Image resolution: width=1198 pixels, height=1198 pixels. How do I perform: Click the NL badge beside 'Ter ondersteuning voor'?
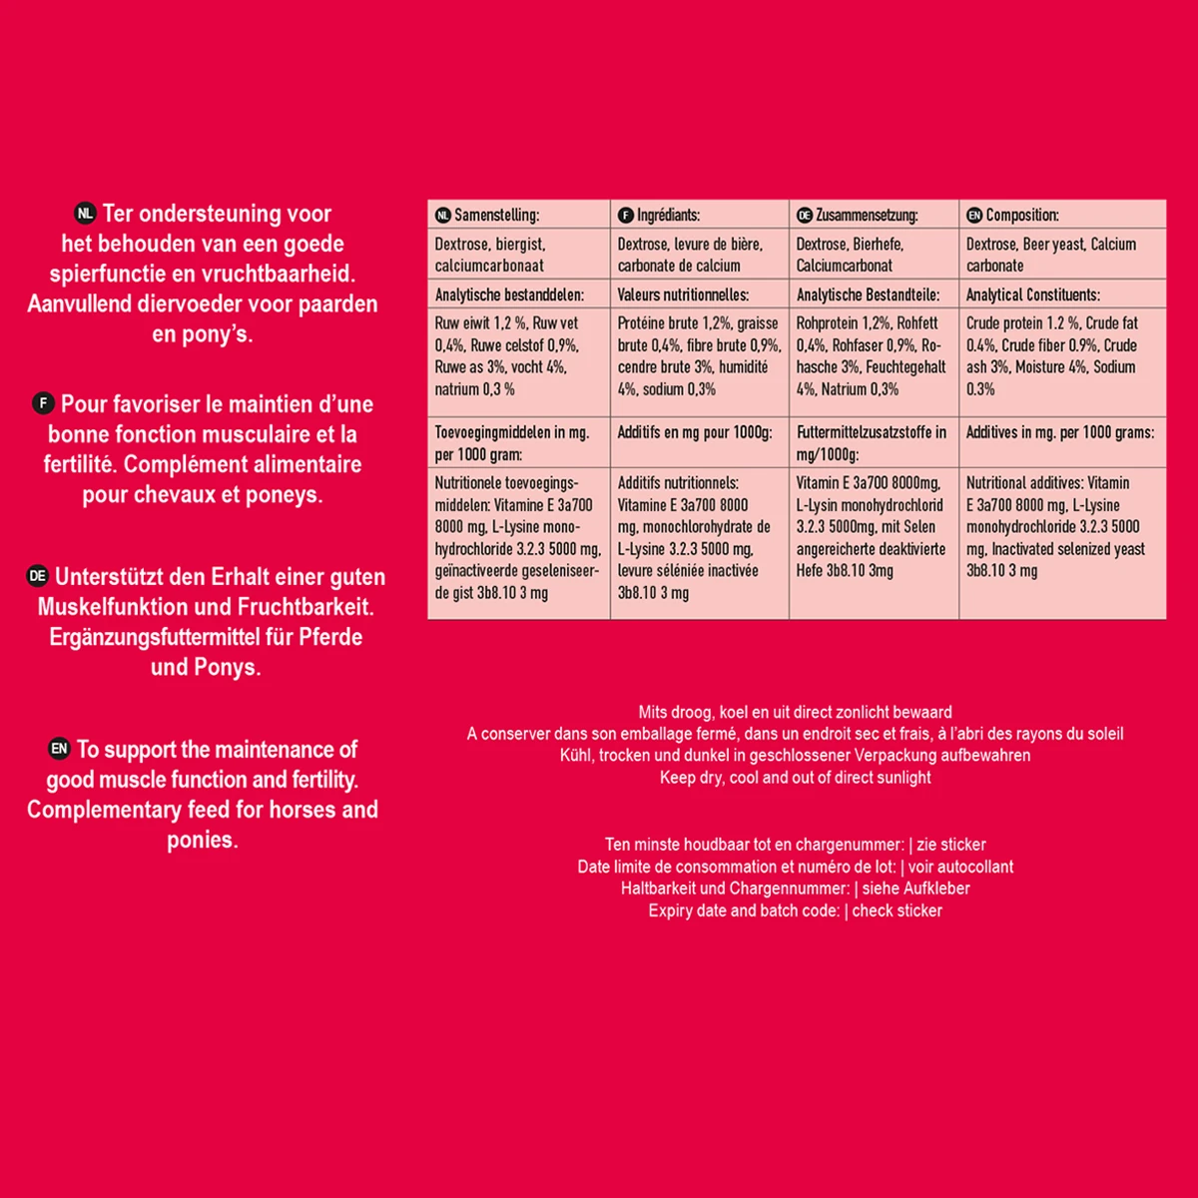[85, 214]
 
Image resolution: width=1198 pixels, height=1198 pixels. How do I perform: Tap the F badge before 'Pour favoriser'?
[43, 404]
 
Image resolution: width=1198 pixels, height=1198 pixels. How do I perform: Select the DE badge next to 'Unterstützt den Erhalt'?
[37, 577]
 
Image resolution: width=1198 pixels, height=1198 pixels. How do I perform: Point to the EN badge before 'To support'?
[59, 750]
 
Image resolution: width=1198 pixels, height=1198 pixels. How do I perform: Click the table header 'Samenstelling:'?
[496, 215]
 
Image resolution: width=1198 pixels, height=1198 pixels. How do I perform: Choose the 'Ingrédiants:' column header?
[668, 215]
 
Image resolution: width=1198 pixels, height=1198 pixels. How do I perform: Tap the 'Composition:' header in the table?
[1022, 215]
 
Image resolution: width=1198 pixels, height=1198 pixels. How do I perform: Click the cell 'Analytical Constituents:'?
[1032, 295]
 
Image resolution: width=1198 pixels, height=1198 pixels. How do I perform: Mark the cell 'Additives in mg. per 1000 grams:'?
[1059, 432]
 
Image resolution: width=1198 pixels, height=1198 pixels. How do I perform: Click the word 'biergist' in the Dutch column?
[520, 245]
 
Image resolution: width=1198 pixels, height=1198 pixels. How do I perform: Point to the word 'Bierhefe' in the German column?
[879, 245]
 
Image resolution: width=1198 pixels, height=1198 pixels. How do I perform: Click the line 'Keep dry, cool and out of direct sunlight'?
[795, 778]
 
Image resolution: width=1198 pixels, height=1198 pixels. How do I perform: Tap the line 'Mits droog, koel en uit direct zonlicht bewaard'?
[795, 712]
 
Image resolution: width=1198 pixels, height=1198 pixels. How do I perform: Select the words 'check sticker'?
[897, 910]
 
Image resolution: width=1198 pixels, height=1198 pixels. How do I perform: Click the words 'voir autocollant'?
[960, 867]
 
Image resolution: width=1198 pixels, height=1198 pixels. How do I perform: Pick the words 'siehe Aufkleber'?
[915, 889]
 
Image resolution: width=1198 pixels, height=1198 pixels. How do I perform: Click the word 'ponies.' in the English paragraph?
[203, 841]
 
